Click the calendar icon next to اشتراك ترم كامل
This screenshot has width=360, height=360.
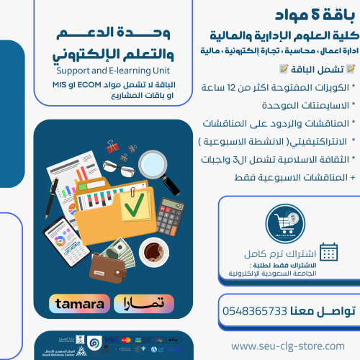pos(328,251)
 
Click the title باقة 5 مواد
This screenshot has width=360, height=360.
pos(315,15)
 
